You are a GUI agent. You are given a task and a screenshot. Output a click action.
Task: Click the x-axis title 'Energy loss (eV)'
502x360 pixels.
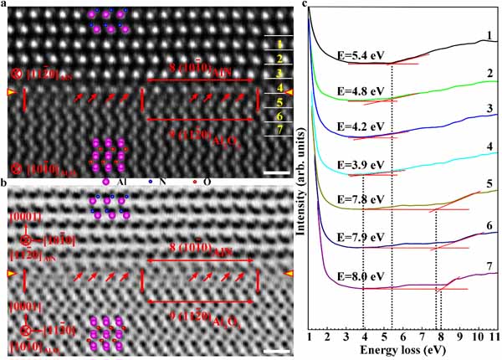(403, 352)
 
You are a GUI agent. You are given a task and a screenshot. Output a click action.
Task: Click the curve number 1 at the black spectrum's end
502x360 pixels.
(485, 36)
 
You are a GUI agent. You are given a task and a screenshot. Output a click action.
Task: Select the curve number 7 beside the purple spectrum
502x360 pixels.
(486, 264)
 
